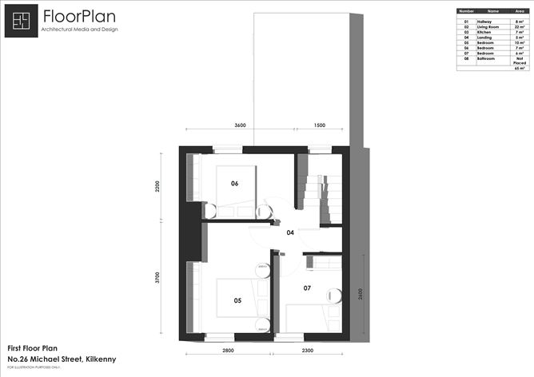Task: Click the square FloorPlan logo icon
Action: click(22, 21)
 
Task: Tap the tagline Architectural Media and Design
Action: click(78, 30)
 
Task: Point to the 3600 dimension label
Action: click(240, 125)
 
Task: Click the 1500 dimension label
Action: click(320, 125)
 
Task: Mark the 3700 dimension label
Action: click(158, 279)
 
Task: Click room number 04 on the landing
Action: click(290, 233)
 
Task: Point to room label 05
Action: click(237, 301)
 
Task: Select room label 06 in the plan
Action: click(234, 184)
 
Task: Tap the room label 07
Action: click(307, 287)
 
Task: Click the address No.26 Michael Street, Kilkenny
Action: click(62, 359)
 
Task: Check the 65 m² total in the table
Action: click(519, 69)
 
